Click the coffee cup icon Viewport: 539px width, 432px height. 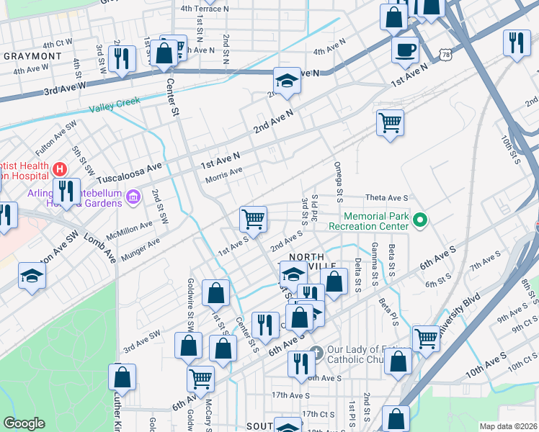pyautogui.click(x=406, y=50)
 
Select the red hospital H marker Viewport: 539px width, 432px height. pyautogui.click(x=60, y=169)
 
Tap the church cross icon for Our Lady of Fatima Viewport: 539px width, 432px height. pyautogui.click(x=316, y=353)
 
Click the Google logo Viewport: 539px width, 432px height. pyautogui.click(x=24, y=423)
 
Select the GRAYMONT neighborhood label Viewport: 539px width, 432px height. pyautogui.click(x=32, y=55)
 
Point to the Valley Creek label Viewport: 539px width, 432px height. pyautogui.click(x=115, y=104)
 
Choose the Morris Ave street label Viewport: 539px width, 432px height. pyautogui.click(x=224, y=174)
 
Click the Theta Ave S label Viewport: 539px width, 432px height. pyautogui.click(x=386, y=197)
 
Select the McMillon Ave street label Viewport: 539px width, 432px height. pyautogui.click(x=129, y=228)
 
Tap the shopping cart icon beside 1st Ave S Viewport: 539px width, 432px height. pyautogui.click(x=253, y=219)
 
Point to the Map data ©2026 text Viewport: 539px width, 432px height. pyautogui.click(x=507, y=426)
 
